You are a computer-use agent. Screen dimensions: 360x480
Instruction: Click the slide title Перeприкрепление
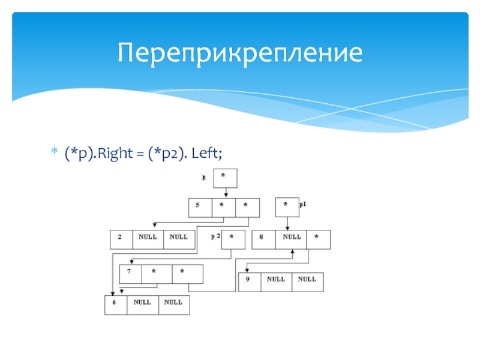[240, 53]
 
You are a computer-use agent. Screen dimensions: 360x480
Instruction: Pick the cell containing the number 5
[200, 207]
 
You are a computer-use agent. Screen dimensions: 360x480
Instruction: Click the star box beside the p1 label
[287, 206]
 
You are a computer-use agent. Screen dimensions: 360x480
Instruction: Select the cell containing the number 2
[121, 239]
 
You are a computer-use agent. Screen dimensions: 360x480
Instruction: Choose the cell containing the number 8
[263, 239]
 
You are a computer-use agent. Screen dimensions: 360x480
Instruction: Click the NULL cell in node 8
[291, 239]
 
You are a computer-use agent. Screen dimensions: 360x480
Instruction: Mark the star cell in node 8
[318, 239]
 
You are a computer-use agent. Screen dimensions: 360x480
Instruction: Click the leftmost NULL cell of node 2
[148, 239]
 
